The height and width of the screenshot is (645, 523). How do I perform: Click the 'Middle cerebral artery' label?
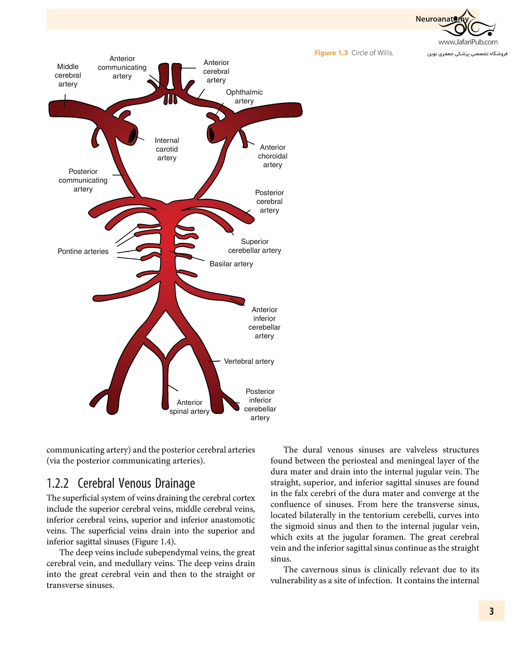[68, 75]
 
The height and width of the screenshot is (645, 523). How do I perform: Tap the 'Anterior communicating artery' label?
[122, 67]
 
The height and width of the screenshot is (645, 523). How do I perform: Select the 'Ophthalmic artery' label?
[244, 97]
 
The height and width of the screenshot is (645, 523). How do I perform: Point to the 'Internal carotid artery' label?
[166, 149]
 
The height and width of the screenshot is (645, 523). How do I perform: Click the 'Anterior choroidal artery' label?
[272, 156]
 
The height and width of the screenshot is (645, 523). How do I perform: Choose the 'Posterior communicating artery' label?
[83, 180]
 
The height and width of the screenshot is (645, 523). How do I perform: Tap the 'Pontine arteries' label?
[83, 251]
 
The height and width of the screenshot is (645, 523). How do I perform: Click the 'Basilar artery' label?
[231, 264]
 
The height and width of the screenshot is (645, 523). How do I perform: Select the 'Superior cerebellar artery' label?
[254, 246]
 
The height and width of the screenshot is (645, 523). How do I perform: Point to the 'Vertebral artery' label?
[249, 361]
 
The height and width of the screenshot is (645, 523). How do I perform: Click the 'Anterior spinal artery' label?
[189, 407]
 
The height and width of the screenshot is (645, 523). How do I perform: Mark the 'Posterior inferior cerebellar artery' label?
[260, 405]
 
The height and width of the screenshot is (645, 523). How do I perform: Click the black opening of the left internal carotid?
[132, 135]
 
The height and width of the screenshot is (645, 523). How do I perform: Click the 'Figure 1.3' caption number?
[331, 53]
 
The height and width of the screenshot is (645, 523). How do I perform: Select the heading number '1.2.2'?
[58, 483]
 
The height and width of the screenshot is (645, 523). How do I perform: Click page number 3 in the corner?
[491, 611]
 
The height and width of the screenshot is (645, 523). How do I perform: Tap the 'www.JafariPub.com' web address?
[468, 42]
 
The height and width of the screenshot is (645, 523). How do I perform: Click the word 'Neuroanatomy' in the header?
[442, 19]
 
